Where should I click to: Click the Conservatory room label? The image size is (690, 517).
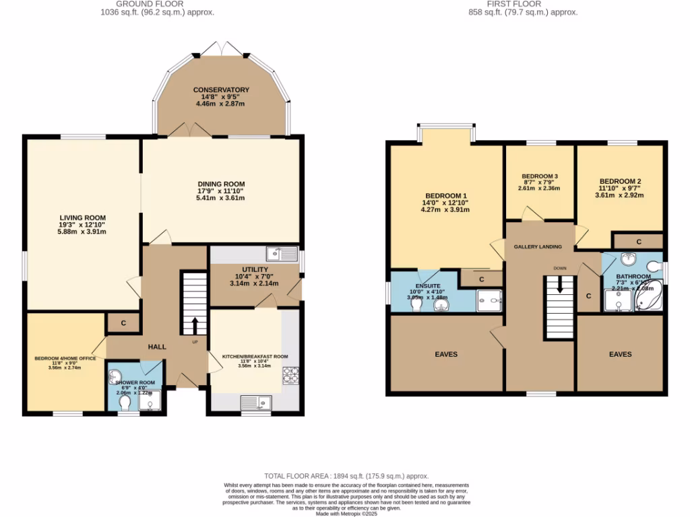(221, 90)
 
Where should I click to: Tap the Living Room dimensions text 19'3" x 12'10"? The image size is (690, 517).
(83, 225)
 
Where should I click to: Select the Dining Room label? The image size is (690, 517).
(221, 184)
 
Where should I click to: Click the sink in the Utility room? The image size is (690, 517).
(282, 254)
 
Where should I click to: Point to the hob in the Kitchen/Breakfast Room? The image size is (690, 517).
(291, 376)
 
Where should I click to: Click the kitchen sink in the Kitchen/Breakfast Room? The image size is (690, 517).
(256, 402)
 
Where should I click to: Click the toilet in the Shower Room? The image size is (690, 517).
(124, 402)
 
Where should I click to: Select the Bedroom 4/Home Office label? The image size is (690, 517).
(65, 359)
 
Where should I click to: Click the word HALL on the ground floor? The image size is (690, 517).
(157, 347)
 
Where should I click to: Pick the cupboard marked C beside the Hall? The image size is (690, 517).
(123, 323)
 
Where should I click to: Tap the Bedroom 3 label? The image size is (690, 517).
(540, 176)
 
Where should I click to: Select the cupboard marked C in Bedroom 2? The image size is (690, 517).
(638, 241)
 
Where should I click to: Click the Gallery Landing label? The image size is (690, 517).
(538, 247)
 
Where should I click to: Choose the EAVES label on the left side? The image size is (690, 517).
(445, 354)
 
